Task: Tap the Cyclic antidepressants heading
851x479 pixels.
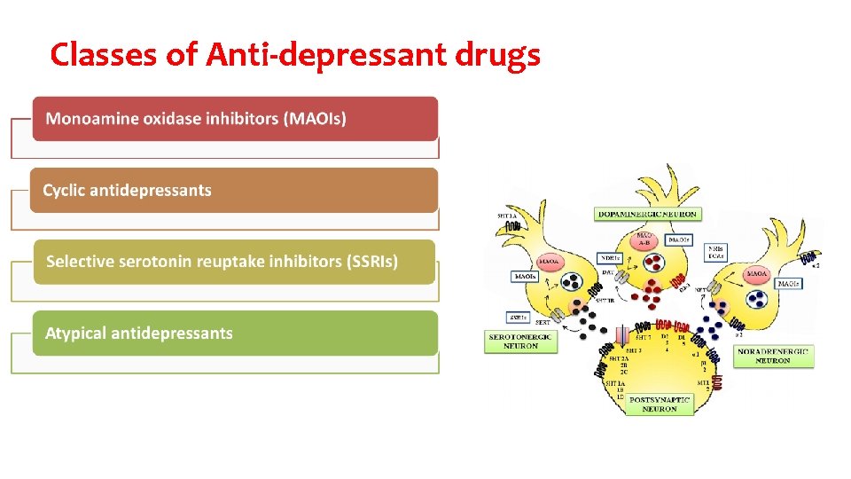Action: (128, 191)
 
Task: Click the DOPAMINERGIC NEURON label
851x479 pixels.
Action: (647, 214)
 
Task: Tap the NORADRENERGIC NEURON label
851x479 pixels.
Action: (773, 356)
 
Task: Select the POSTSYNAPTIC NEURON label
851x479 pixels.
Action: (660, 404)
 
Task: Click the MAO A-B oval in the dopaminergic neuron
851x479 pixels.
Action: (645, 239)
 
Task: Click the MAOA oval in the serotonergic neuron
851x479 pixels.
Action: (549, 263)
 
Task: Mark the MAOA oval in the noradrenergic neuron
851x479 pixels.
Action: (757, 275)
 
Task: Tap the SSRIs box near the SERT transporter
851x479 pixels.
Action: (519, 317)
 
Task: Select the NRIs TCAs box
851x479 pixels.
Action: (715, 253)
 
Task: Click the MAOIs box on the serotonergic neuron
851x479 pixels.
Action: (525, 277)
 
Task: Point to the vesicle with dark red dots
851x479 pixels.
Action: (654, 263)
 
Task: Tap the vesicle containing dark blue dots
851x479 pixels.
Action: (757, 300)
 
